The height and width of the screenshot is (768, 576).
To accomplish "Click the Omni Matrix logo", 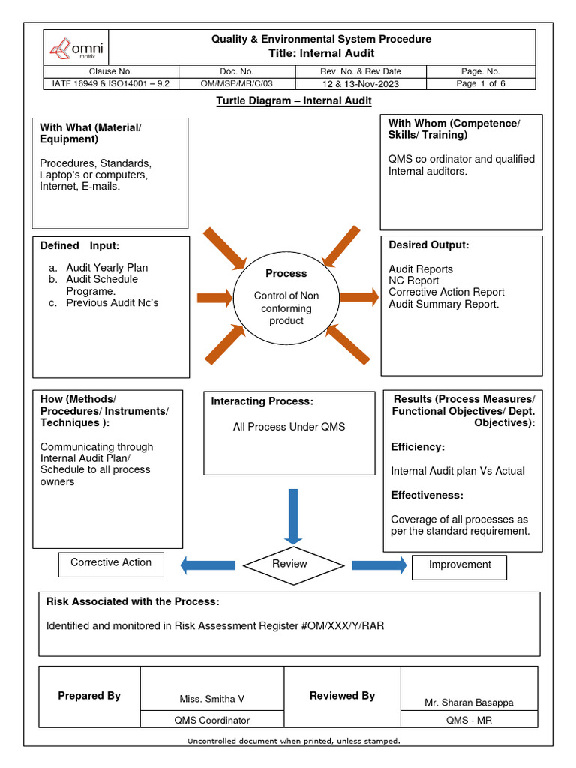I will point(76,49).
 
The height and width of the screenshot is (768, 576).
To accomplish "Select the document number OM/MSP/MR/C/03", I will point(236,83).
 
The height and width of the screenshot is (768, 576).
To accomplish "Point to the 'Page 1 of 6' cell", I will point(481,83).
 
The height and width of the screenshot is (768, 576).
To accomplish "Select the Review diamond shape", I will point(289,564).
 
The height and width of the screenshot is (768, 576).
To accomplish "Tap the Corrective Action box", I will point(111,563).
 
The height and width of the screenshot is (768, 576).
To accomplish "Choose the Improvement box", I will point(459,565).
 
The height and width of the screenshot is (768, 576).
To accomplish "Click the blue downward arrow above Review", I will point(293,515).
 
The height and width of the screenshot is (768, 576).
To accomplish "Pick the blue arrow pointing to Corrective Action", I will point(208,565).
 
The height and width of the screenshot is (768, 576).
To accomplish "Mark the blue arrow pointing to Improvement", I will point(379,565).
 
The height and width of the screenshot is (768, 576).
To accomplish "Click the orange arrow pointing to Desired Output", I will point(359,297).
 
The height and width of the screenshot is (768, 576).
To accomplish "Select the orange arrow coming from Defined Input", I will point(214,298).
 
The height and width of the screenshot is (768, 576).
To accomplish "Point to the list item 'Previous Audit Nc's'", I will point(112,303).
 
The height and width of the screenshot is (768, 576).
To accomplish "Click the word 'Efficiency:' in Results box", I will point(418,447).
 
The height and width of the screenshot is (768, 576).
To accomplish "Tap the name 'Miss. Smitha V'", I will point(211,699).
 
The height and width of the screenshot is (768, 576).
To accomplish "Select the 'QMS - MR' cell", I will point(469,720).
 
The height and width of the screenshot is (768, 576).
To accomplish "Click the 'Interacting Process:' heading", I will point(261,401).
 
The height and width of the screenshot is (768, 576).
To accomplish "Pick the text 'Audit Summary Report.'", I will point(443,304).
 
